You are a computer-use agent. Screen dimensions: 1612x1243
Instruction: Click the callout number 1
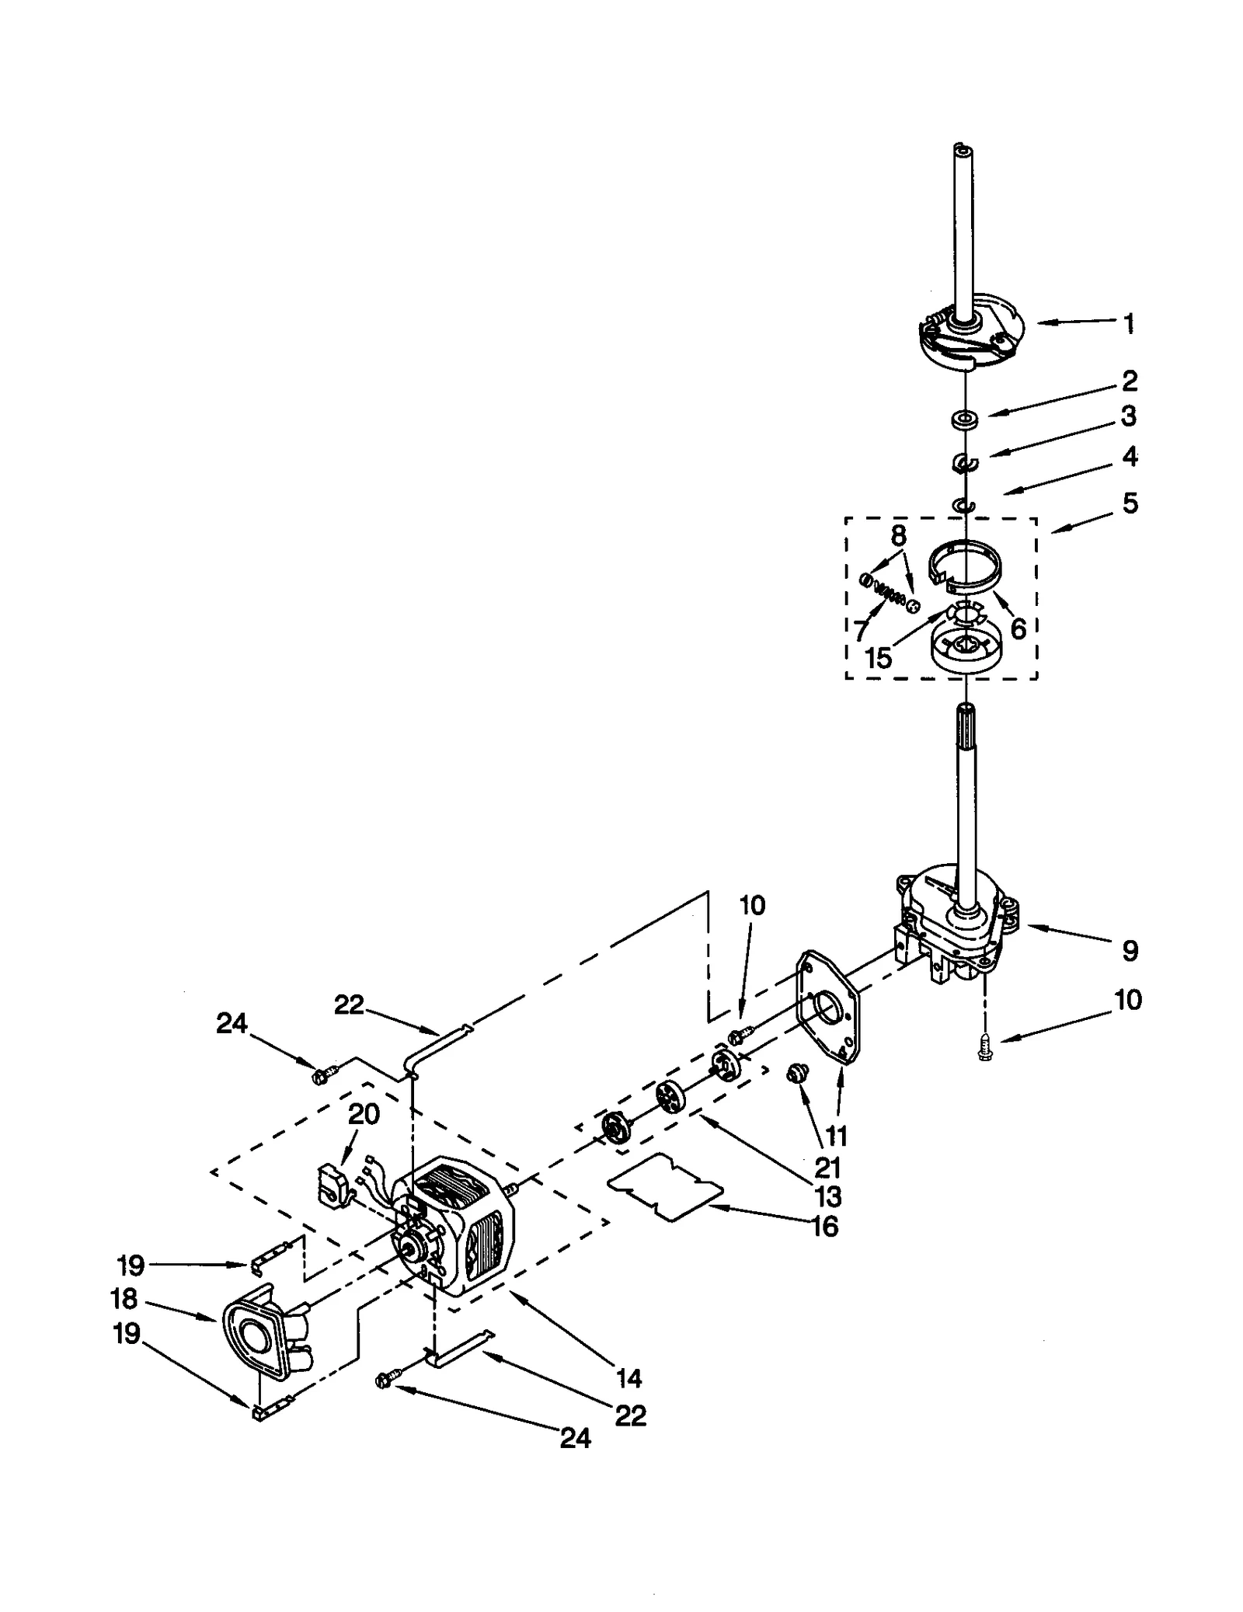click(x=1129, y=323)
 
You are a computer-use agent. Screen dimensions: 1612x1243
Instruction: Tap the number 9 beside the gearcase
click(x=1130, y=950)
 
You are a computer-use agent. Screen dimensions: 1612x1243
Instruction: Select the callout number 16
click(x=825, y=1227)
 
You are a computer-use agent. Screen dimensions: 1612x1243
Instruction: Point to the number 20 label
click(x=363, y=1114)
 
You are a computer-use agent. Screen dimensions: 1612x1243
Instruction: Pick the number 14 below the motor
click(x=628, y=1379)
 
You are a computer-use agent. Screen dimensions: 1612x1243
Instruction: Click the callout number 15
click(x=879, y=657)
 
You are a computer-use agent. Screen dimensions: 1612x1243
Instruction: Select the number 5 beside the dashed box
click(x=1130, y=503)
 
